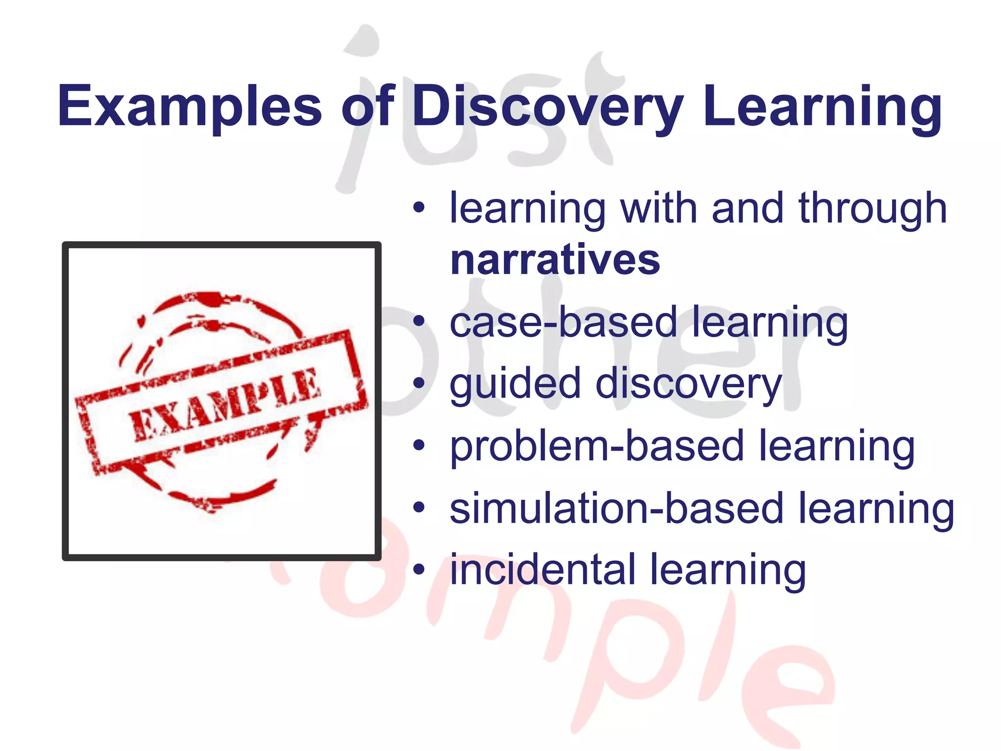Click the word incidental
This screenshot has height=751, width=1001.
tap(542, 570)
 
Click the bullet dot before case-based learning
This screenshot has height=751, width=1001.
tap(419, 321)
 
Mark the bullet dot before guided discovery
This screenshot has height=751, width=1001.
tap(419, 383)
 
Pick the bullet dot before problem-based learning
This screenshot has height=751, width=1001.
tap(419, 445)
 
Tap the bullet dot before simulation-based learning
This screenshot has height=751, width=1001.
tap(419, 508)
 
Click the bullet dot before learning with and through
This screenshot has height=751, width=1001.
tap(419, 208)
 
